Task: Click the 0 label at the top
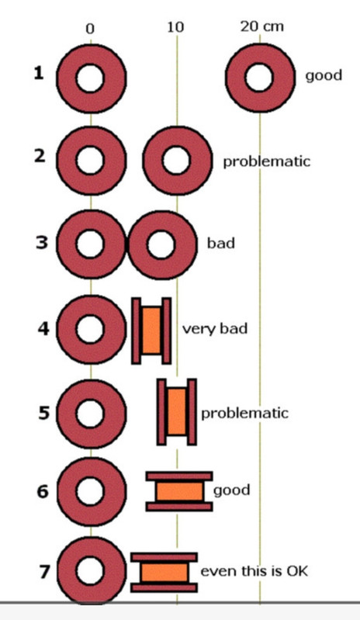pos(90,29)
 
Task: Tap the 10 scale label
pos(175,27)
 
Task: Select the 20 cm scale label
pos(262,26)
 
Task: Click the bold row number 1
pos(38,73)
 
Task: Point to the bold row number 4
pos(43,328)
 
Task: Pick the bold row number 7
pos(44,572)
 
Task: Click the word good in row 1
pos(324,75)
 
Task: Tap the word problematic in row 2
pos(267,161)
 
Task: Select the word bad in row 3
pos(221,243)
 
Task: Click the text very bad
pos(215,328)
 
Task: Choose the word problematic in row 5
pos(245,413)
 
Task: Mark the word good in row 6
pos(231,490)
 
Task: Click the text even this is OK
pos(254,571)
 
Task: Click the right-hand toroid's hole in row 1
pos(259,77)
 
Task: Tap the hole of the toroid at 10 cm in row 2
pos(176,161)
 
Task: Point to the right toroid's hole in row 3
pos(161,244)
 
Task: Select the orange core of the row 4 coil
pos(152,331)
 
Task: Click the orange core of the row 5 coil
pos(177,411)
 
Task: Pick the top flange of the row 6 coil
pos(179,476)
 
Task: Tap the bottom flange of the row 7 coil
pos(164,587)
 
